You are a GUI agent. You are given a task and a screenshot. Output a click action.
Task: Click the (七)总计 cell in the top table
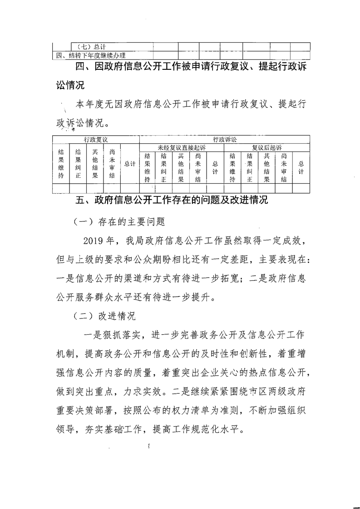coord(90,46)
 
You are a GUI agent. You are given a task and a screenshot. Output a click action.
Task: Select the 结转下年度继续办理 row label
coord(91,56)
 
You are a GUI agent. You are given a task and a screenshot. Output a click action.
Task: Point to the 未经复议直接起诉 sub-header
coord(182,147)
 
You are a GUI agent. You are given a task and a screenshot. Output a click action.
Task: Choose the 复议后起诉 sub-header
coord(267,147)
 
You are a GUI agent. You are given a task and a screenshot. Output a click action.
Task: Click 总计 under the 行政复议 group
coord(130,164)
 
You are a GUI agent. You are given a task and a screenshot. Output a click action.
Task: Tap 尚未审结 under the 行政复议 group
coord(112,164)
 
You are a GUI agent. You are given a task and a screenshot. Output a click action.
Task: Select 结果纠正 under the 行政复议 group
coord(78,164)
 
